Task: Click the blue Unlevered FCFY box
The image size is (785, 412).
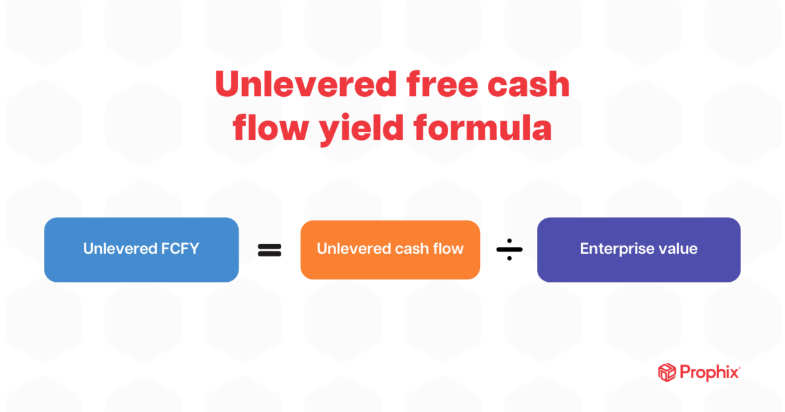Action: pos(141,249)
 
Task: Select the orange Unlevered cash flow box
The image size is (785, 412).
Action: pos(390,249)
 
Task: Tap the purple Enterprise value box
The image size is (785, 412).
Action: pos(638,249)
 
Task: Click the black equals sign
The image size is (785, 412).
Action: pos(269,249)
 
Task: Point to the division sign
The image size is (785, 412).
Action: pos(508,249)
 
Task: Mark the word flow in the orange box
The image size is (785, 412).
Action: pos(449,249)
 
